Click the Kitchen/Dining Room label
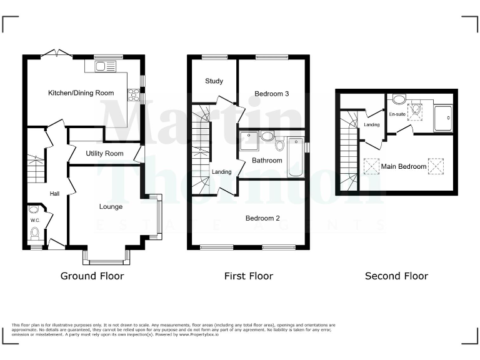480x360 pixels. (81, 93)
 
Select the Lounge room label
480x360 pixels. (111, 206)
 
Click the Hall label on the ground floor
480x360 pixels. (54, 194)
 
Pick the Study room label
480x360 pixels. (214, 81)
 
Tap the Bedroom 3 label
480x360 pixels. (271, 94)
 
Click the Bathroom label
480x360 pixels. (267, 161)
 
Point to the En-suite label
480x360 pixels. (397, 114)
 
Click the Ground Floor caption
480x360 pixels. (92, 276)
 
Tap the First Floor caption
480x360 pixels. (248, 276)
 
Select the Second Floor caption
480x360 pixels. (396, 276)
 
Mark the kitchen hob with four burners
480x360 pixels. (133, 95)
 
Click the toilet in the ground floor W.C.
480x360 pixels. (34, 233)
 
